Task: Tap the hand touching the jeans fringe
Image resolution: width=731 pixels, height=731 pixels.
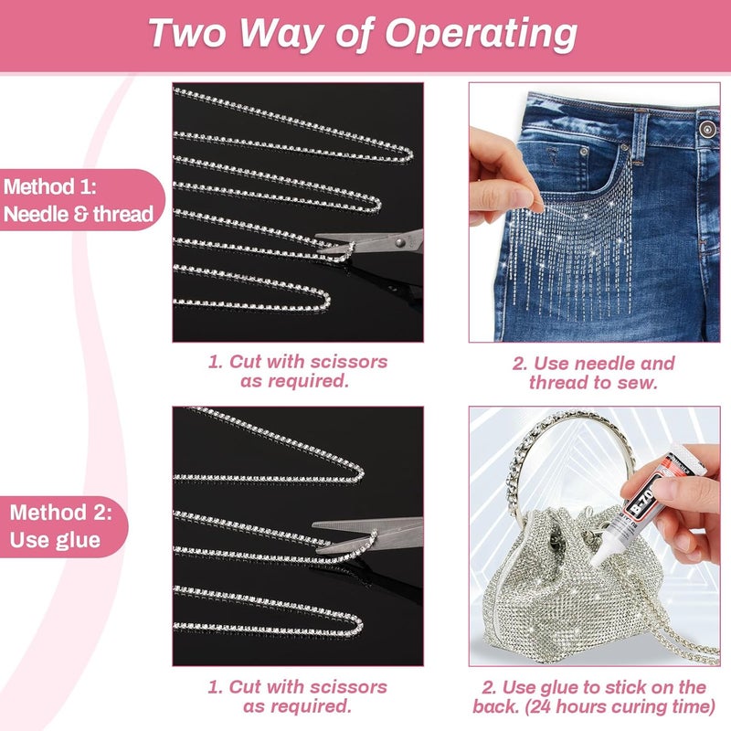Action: click(501, 174)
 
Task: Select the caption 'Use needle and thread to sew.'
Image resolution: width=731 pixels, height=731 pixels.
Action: click(594, 373)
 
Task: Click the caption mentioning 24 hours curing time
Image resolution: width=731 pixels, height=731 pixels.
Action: click(594, 697)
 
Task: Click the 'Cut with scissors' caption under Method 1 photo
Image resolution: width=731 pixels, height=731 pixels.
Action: click(296, 371)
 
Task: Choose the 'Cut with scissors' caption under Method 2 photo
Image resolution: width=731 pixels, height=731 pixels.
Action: click(296, 696)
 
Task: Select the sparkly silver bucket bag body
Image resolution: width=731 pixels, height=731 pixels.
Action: click(548, 585)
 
